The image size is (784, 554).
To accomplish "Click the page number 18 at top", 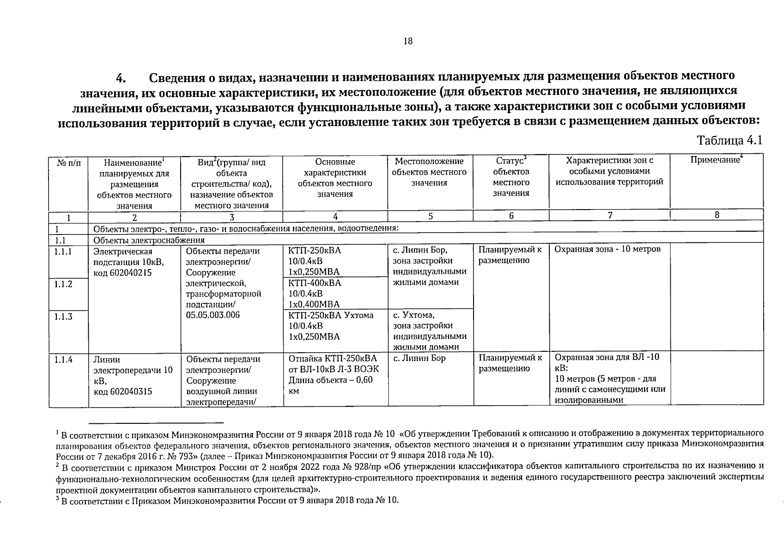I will tap(407, 42).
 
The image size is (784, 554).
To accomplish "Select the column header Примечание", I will tap(716, 160).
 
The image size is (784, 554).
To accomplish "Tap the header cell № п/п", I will tap(68, 162).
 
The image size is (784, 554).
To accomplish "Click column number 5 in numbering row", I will tap(430, 216).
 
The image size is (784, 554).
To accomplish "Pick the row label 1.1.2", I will tap(63, 284).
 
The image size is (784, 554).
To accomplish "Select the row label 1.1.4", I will tap(63, 359).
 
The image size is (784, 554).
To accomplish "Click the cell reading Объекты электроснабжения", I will tap(149, 240).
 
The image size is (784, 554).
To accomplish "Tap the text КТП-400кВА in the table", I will tap(315, 283).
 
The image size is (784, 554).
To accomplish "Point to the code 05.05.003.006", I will tap(213, 315).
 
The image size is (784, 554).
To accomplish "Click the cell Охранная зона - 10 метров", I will tap(607, 249).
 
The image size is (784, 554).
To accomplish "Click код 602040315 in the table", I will tap(123, 391).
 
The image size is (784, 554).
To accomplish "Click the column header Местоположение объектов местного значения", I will tap(429, 172).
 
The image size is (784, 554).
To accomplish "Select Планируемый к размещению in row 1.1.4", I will tap(510, 363).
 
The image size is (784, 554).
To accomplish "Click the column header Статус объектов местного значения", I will tap(511, 177).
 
